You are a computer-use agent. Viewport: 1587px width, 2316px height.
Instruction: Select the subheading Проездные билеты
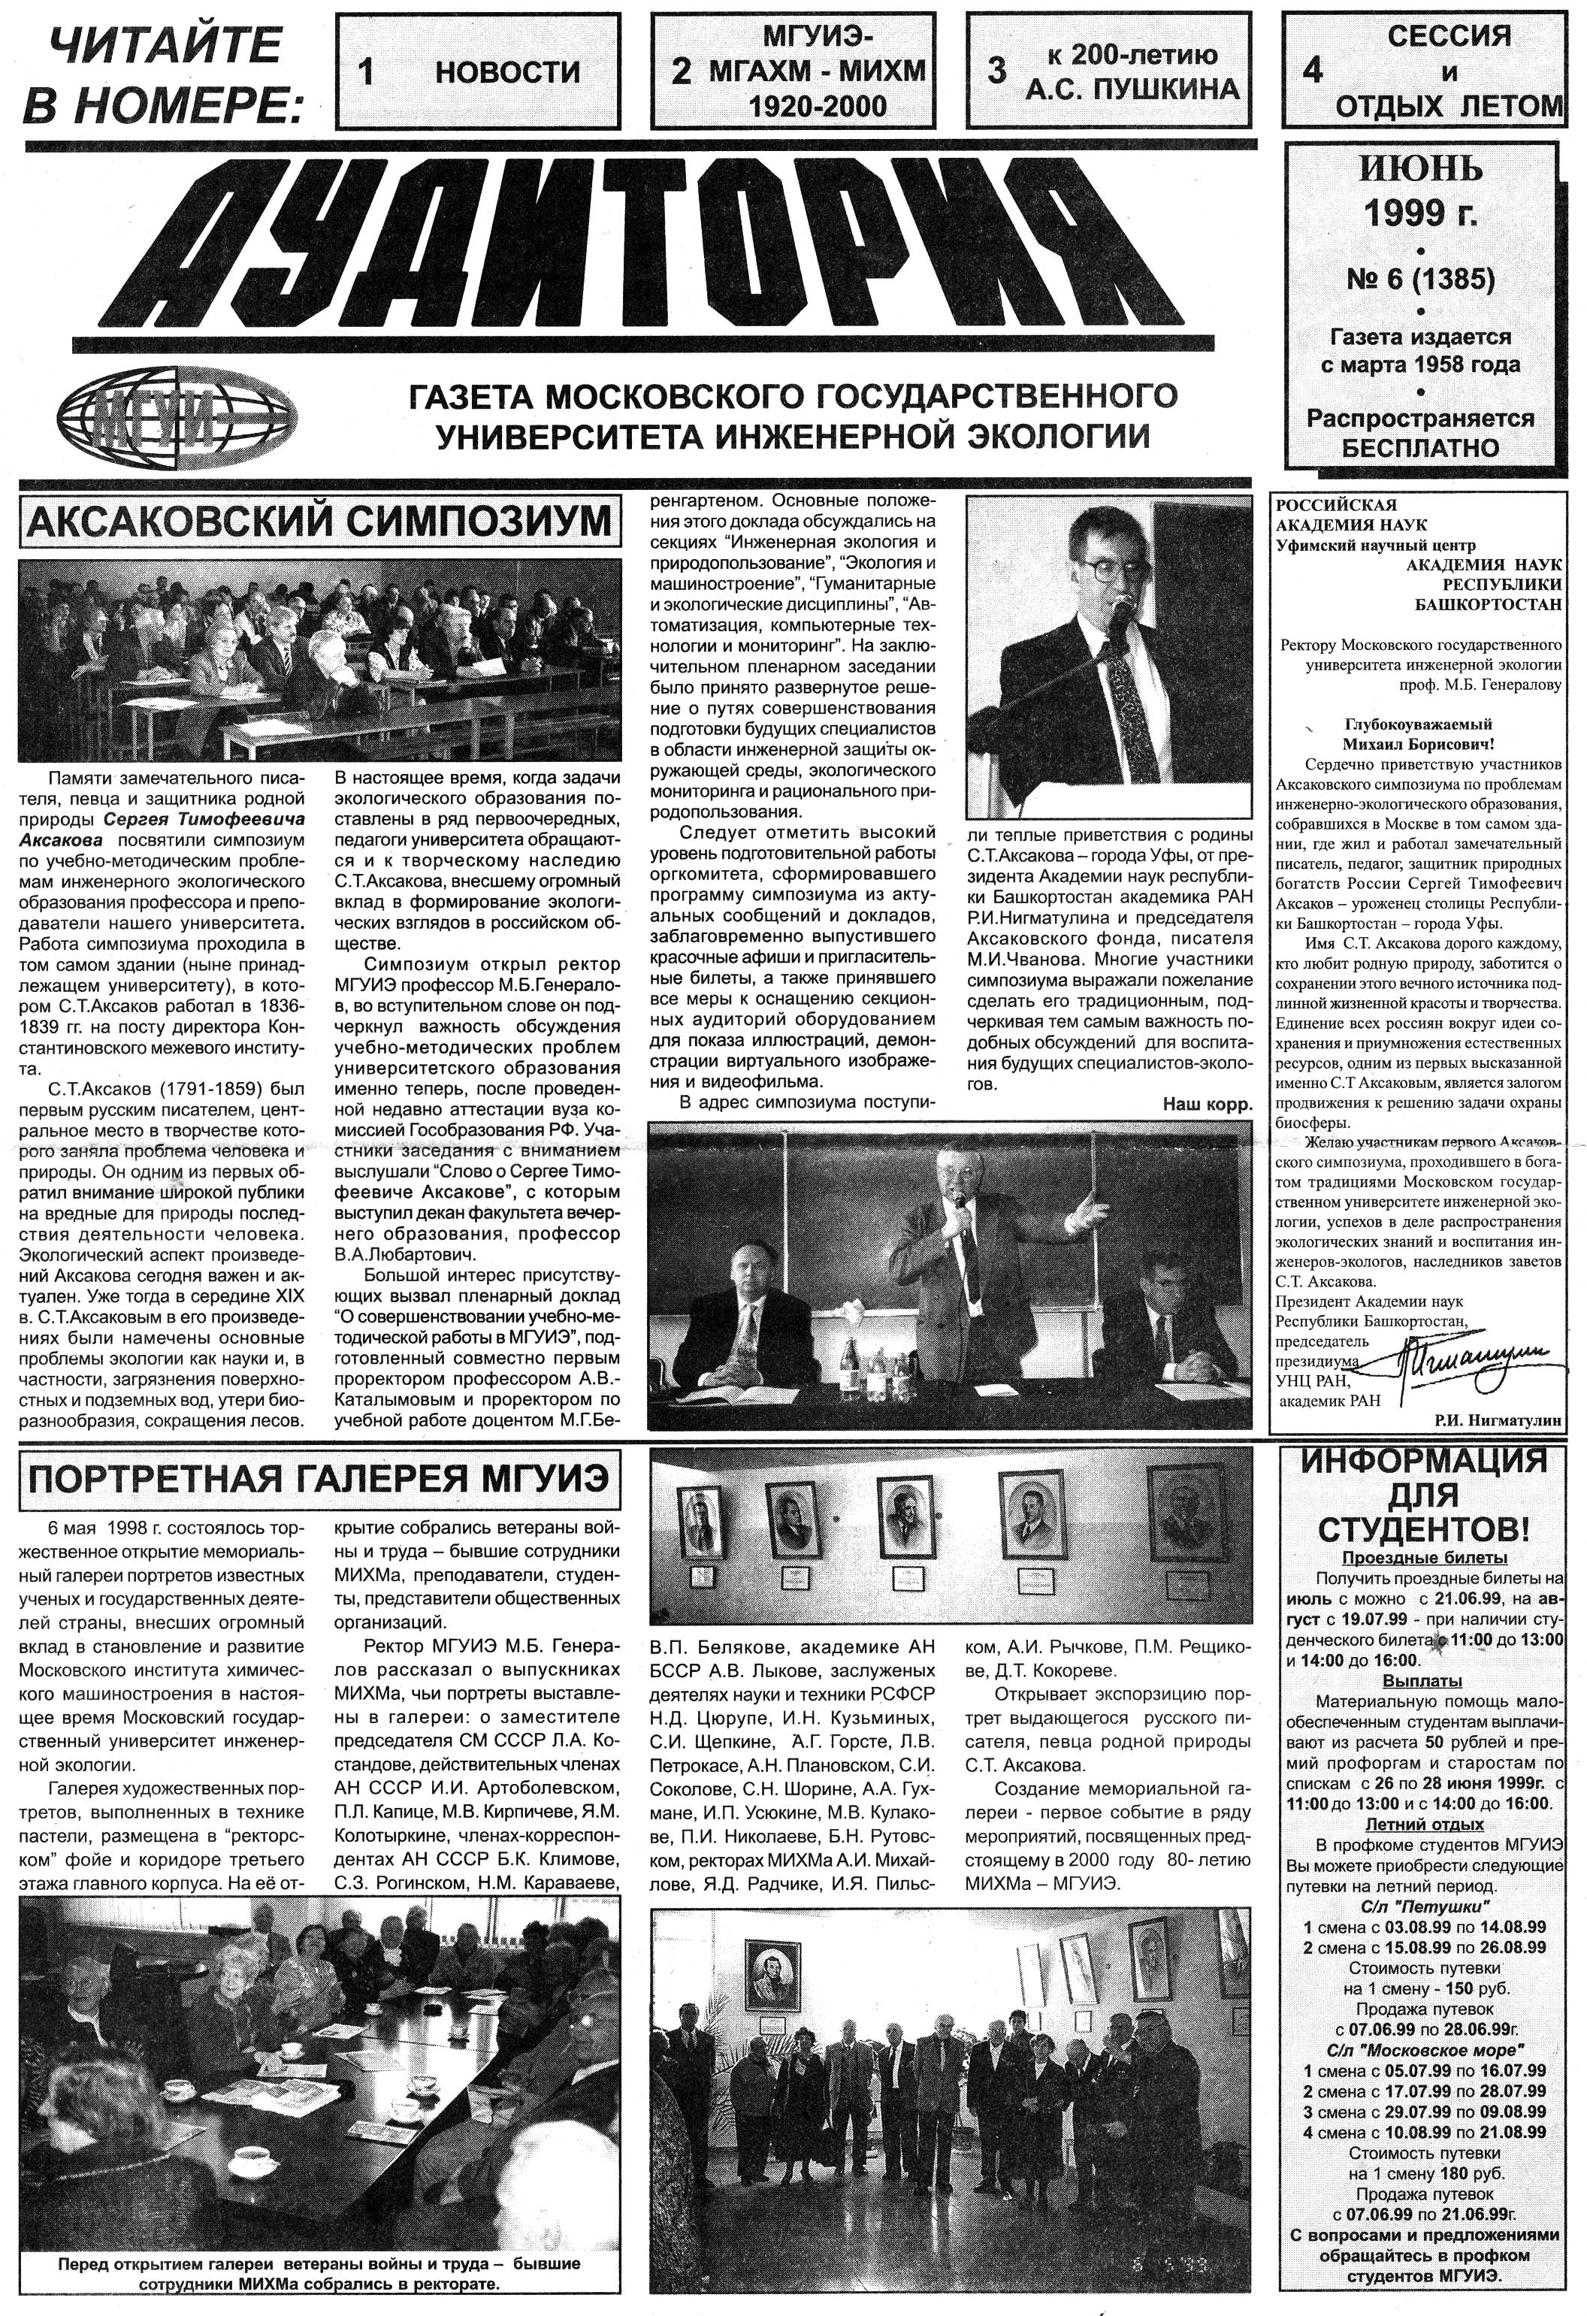pyautogui.click(x=1424, y=1559)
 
